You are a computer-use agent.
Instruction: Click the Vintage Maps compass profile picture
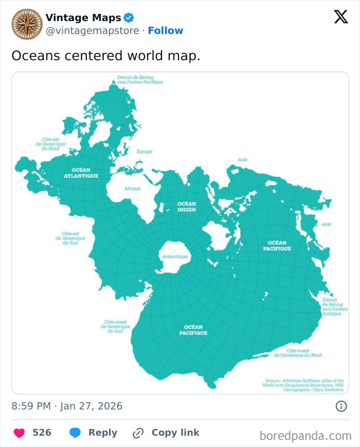tap(27, 24)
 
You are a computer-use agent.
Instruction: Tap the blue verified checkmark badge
tap(129, 18)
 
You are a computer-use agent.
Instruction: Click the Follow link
tap(166, 30)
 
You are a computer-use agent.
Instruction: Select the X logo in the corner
tap(340, 17)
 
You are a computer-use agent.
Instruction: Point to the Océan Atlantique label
tap(81, 173)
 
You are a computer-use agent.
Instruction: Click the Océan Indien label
tap(186, 206)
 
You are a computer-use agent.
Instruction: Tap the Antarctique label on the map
tap(175, 256)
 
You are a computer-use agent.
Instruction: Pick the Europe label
tap(145, 152)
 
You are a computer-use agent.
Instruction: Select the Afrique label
tap(132, 189)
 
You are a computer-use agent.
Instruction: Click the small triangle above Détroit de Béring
tap(114, 82)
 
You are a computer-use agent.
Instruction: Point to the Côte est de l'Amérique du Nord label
tap(50, 144)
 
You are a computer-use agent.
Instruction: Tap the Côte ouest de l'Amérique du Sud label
tap(115, 326)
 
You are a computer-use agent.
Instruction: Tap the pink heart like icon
tap(19, 433)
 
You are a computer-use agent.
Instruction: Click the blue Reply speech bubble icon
tap(75, 433)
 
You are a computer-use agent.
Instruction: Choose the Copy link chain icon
tap(138, 433)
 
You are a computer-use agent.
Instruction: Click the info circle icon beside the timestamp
tap(340, 406)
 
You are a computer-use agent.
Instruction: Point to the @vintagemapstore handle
tap(92, 30)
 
